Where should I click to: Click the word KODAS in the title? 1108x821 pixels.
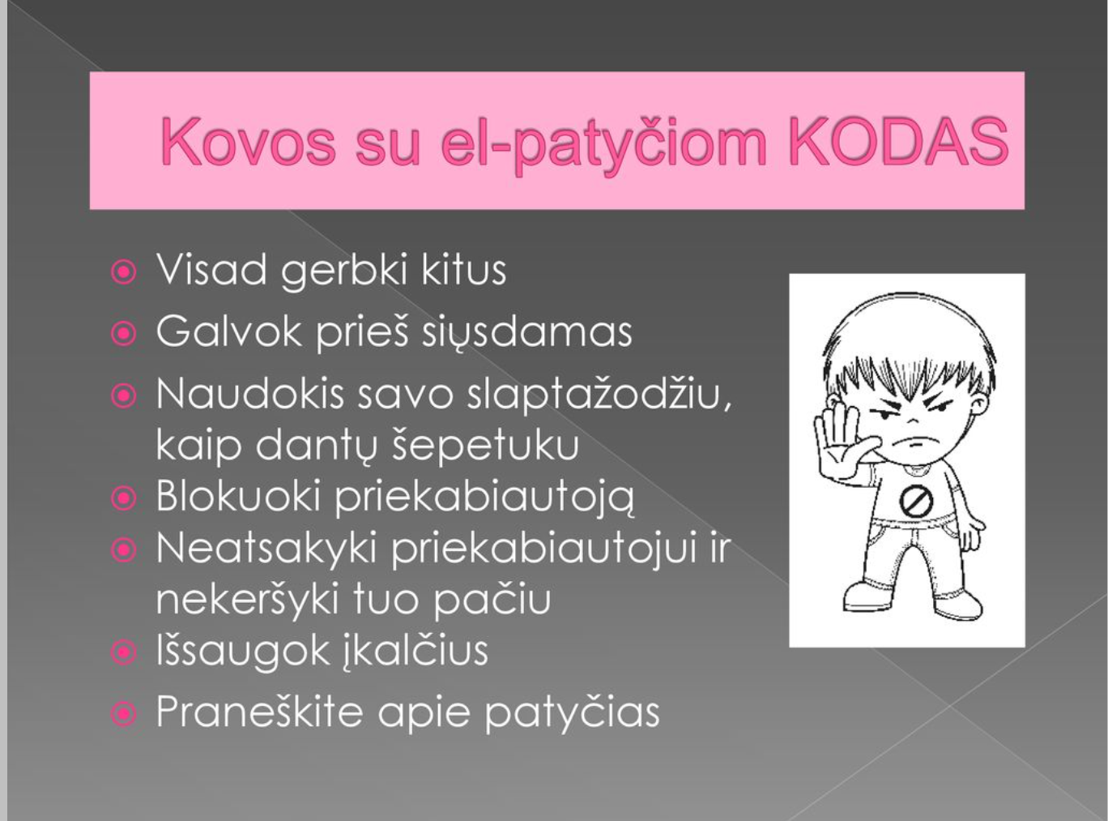point(899,141)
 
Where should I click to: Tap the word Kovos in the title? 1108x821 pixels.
point(248,141)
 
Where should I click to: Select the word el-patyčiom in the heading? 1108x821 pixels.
point(603,145)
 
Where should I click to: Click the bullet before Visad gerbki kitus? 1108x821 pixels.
point(123,272)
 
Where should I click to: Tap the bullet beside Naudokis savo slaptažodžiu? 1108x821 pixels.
point(123,396)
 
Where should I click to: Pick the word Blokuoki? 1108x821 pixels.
point(238,495)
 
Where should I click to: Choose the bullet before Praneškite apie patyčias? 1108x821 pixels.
point(123,714)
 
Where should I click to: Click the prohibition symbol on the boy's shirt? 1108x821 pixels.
point(916,502)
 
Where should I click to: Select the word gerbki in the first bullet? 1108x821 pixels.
point(343,272)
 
